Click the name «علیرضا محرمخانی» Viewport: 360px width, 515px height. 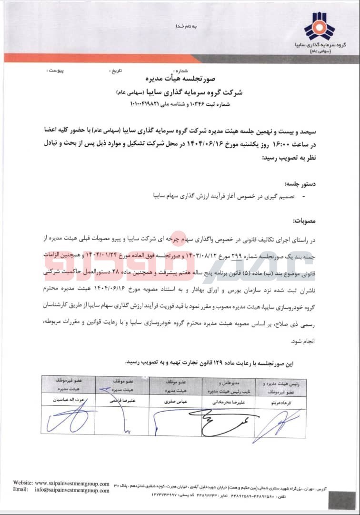coord(224,402)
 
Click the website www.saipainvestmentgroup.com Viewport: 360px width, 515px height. coord(71,483)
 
